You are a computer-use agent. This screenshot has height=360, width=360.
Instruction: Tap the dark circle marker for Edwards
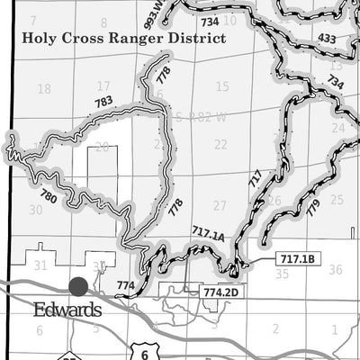78,286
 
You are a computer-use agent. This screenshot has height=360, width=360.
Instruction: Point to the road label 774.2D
220,292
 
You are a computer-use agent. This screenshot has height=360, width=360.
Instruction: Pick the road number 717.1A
208,235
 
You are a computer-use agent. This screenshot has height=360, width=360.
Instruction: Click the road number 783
103,102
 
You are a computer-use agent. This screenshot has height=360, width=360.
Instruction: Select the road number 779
312,208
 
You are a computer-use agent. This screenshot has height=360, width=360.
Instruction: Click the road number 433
327,39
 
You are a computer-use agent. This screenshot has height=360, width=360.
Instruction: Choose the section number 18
44,88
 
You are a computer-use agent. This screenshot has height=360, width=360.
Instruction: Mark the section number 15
222,86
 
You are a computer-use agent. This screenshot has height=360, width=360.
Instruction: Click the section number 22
220,144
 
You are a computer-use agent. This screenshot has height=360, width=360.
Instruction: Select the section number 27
220,205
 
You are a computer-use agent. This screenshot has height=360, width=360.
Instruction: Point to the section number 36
335,269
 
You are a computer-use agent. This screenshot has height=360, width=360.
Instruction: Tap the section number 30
36,210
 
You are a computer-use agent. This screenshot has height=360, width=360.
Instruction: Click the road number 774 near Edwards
125,285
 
